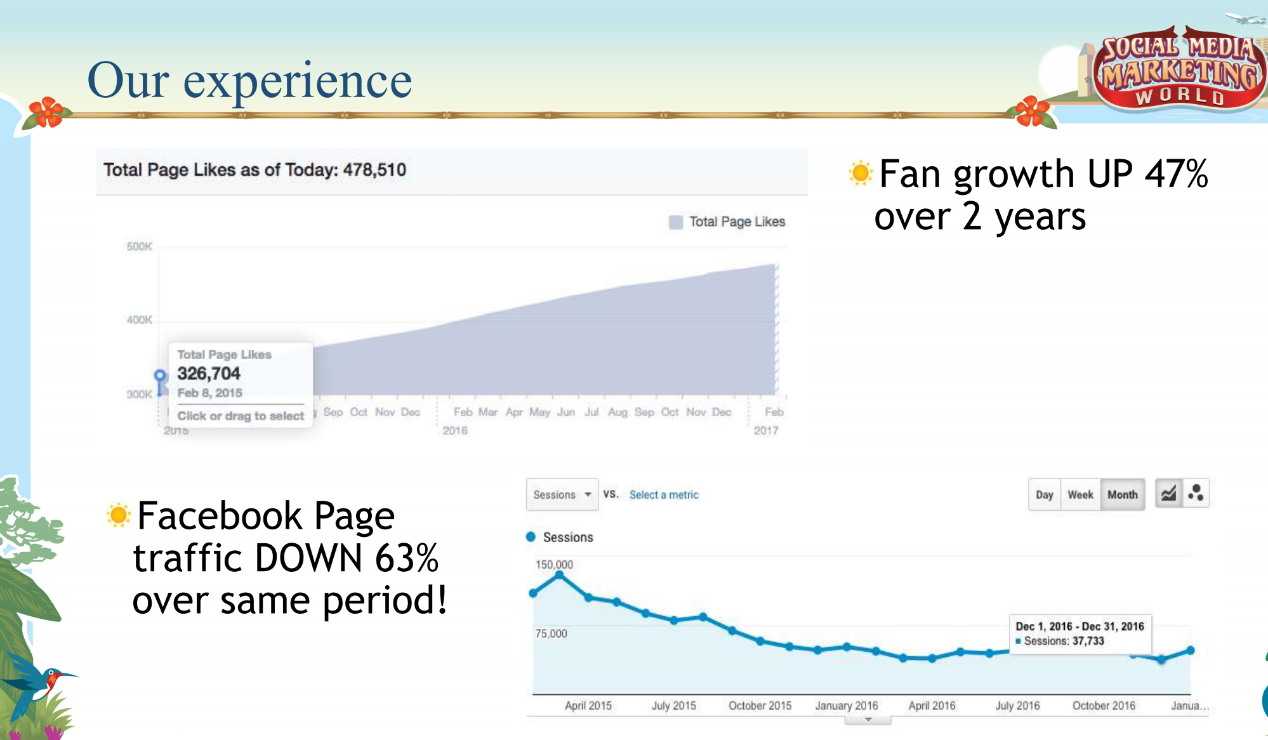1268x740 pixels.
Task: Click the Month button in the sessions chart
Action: point(1122,494)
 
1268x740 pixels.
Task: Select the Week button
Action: point(1080,494)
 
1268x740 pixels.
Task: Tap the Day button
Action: point(1044,494)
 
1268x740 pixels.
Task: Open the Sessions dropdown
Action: point(562,494)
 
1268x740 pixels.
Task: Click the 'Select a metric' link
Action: point(664,494)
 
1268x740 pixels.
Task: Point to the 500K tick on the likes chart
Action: point(139,246)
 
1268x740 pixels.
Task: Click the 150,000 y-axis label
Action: point(554,564)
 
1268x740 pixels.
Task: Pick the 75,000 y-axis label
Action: point(551,633)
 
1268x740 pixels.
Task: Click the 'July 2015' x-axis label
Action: point(673,705)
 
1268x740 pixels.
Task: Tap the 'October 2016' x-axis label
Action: point(1104,705)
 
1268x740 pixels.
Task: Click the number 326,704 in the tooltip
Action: point(209,373)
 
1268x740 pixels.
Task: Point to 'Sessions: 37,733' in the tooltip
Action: point(1064,641)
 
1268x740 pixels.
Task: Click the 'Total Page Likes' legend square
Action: point(676,221)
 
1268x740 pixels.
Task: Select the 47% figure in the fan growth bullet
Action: point(1176,174)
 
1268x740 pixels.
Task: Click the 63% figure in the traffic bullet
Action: point(407,558)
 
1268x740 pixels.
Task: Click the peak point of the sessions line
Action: point(559,575)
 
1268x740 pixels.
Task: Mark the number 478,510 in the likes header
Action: point(374,170)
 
